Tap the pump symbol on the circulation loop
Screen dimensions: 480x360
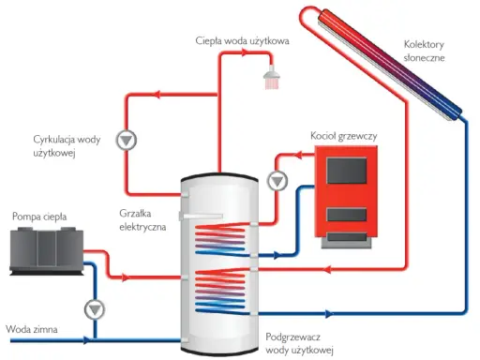click(x=127, y=140)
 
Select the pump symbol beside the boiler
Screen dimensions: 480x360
click(x=277, y=181)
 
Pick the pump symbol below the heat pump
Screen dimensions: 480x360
click(x=95, y=309)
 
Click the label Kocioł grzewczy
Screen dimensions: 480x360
click(x=344, y=136)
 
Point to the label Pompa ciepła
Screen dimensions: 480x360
click(x=39, y=217)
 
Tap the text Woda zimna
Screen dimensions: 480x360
click(x=32, y=329)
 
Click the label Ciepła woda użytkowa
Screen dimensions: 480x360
click(x=242, y=41)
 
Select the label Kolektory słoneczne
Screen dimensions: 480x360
click(x=424, y=51)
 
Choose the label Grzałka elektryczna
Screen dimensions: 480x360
click(x=142, y=220)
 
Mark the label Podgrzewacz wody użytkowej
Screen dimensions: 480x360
click(x=299, y=343)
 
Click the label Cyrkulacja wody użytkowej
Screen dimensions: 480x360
click(x=67, y=146)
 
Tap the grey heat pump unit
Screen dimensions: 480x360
click(x=47, y=251)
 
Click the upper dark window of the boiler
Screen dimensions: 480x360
click(x=346, y=171)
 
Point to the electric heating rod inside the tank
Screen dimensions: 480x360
click(x=201, y=216)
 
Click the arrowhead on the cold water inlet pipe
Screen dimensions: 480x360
click(x=86, y=340)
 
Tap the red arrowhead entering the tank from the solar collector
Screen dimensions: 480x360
click(x=327, y=269)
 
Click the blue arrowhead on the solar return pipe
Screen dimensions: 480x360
click(x=329, y=313)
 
